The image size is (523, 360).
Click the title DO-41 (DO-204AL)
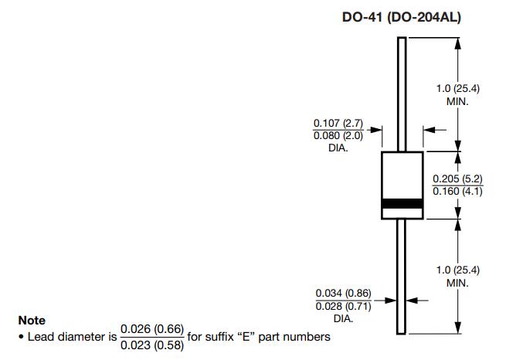pyautogui.click(x=402, y=17)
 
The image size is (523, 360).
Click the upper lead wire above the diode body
pyautogui.click(x=402, y=93)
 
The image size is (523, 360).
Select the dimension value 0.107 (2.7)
pyautogui.click(x=338, y=124)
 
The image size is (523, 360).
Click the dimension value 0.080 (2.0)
pyautogui.click(x=338, y=136)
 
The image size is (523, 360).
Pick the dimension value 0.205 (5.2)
pyautogui.click(x=457, y=179)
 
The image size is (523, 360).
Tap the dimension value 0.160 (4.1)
pyautogui.click(x=457, y=191)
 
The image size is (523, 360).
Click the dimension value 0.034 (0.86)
pyautogui.click(x=343, y=294)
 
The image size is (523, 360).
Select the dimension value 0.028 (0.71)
pyautogui.click(x=343, y=306)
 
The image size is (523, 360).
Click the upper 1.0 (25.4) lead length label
pyautogui.click(x=458, y=89)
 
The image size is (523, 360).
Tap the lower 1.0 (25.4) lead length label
pyautogui.click(x=458, y=270)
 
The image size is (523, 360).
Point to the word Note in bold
pyautogui.click(x=32, y=320)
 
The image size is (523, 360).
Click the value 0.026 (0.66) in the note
pyautogui.click(x=152, y=330)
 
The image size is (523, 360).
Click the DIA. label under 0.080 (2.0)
pyautogui.click(x=338, y=148)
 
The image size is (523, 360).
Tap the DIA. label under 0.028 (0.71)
pyautogui.click(x=343, y=318)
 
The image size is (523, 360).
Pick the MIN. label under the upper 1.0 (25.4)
pyautogui.click(x=458, y=101)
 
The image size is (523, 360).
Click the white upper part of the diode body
pyautogui.click(x=402, y=174)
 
